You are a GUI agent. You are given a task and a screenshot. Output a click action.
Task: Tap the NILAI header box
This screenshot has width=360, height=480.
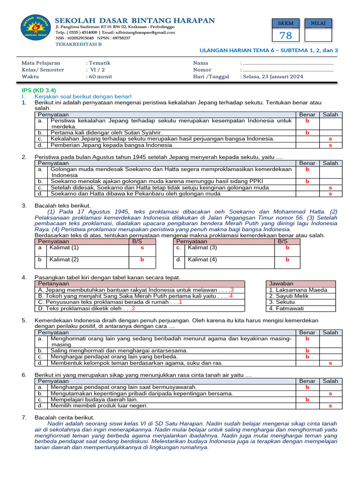[318, 23]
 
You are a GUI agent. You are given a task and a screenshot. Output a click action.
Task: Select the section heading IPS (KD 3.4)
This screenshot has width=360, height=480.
[39, 90]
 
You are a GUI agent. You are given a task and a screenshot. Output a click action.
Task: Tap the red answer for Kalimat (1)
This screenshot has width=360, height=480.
[142, 247]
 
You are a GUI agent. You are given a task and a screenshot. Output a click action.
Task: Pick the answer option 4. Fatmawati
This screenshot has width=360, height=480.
[286, 308]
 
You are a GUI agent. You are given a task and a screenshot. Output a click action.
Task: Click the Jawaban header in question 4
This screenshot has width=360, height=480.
[281, 284]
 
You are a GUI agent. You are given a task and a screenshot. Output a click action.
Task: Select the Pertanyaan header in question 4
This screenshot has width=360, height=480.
[53, 284]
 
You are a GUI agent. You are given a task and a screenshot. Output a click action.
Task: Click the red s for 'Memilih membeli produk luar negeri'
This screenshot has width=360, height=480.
[330, 405]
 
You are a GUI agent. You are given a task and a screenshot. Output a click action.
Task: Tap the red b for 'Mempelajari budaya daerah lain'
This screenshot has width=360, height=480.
[307, 399]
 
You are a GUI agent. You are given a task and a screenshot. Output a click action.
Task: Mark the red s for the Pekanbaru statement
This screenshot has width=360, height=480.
[330, 194]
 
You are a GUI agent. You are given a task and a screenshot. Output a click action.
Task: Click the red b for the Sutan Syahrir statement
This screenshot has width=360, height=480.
[307, 133]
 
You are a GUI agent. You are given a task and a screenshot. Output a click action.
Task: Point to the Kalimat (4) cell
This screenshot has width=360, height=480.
[202, 259]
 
